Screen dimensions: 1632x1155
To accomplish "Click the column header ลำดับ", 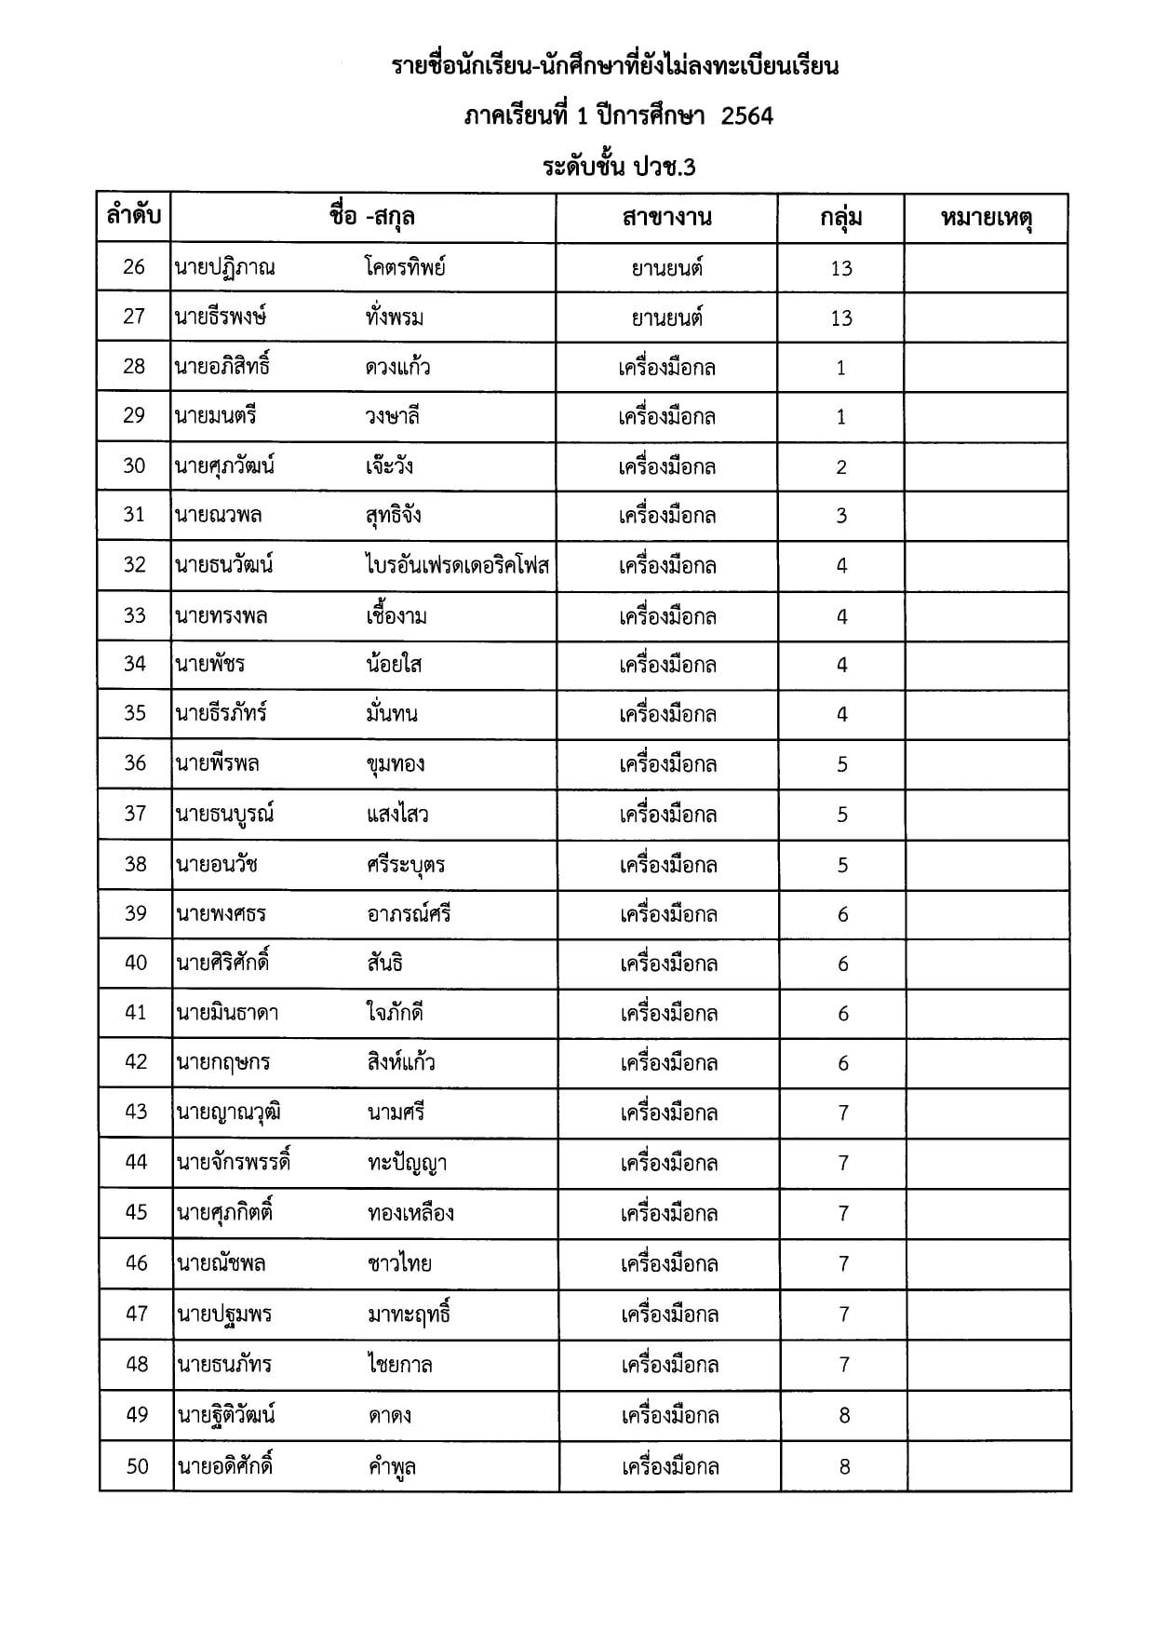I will tap(134, 217).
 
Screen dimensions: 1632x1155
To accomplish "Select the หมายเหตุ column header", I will tap(987, 218).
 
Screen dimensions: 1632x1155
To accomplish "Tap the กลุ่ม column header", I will tap(840, 218).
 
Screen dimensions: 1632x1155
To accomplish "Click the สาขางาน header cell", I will tap(666, 218).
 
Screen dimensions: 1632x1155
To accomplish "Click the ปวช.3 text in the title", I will tap(665, 168).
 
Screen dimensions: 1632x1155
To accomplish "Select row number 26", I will tap(134, 267).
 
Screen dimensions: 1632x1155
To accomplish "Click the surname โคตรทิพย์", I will tap(406, 267).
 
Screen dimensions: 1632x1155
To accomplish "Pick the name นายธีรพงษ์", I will tap(221, 317).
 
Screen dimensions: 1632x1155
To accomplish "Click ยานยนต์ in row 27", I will tap(666, 317).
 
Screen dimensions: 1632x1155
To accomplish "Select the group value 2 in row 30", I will tap(841, 466).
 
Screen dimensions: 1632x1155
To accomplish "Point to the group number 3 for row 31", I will tap(841, 516).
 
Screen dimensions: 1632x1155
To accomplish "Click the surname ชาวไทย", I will tap(399, 1263).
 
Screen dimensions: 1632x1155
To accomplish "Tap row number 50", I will tap(137, 1466).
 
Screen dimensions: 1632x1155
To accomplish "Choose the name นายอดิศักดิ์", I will tap(224, 1466).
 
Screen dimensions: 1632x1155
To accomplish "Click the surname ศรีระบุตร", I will tap(406, 864).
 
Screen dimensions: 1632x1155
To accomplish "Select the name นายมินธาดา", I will tap(228, 1013).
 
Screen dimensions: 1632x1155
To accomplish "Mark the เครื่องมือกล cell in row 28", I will tap(666, 367).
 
